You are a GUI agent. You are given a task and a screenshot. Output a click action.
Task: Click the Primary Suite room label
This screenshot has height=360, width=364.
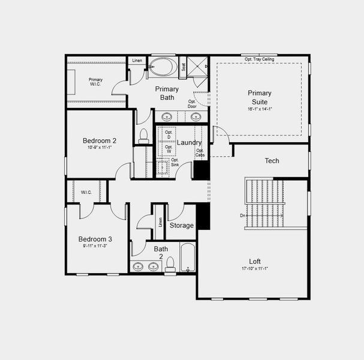click(259, 97)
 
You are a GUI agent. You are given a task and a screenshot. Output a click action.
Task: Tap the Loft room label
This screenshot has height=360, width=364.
click(255, 261)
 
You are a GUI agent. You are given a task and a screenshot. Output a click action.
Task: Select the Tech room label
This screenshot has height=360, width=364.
click(272, 161)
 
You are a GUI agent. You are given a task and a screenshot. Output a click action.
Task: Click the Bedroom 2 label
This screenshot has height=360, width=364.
click(100, 141)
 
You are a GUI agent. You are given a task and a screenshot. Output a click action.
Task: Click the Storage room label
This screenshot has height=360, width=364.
click(181, 226)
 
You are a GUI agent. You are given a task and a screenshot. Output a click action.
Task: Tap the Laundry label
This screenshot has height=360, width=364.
click(189, 143)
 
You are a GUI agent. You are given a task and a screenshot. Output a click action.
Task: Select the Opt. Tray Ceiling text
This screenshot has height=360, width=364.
click(259, 59)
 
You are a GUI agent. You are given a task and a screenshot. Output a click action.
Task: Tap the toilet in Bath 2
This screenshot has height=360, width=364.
click(170, 264)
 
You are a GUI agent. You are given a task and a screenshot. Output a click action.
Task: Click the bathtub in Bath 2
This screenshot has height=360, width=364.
click(188, 258)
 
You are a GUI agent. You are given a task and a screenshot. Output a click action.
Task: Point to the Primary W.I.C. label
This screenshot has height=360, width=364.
click(95, 82)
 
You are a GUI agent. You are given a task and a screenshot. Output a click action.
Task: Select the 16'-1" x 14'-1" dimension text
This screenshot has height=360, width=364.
click(260, 109)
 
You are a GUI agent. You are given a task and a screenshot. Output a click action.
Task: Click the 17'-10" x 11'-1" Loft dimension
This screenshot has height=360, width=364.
click(255, 269)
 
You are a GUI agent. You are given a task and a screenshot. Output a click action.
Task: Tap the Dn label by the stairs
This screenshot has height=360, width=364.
click(242, 215)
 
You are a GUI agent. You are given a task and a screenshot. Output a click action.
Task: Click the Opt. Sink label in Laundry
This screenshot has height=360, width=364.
click(175, 162)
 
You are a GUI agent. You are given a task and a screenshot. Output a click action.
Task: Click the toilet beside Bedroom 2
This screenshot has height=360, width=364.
click(143, 136)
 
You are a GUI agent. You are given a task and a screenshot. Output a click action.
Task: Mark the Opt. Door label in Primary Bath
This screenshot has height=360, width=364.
click(192, 104)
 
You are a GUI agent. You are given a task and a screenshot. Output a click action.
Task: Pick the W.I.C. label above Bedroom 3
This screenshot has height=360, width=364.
click(86, 192)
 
